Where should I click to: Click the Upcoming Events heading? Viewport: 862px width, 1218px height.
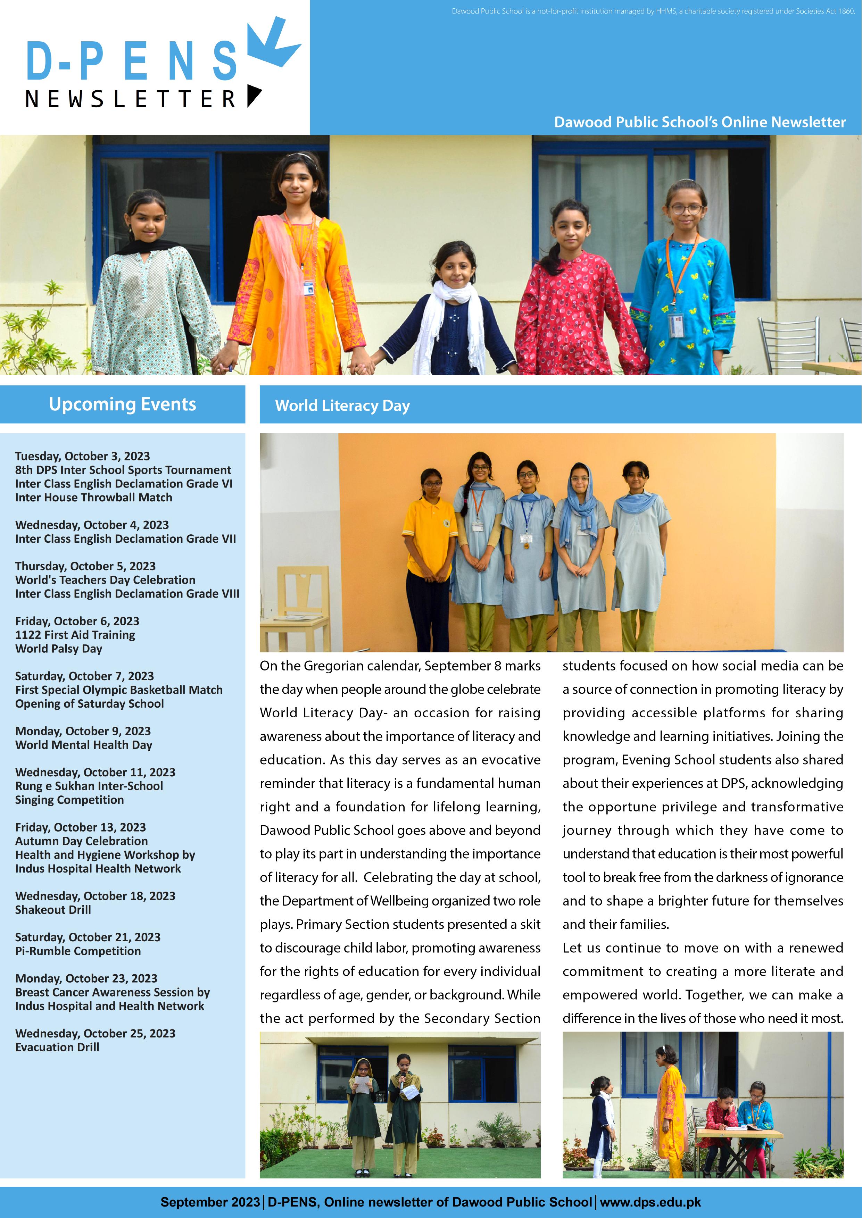(x=123, y=404)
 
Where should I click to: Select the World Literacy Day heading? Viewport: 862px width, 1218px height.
(x=342, y=406)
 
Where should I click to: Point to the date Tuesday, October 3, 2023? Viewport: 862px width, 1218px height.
(x=82, y=456)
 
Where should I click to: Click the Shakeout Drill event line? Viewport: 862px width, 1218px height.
(x=53, y=910)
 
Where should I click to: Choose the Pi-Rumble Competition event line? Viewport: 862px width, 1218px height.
(x=78, y=951)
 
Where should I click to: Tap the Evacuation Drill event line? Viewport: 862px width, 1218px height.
(x=57, y=1047)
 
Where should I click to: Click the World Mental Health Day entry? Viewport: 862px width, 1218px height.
(x=84, y=745)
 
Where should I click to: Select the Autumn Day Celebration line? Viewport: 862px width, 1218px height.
(x=82, y=841)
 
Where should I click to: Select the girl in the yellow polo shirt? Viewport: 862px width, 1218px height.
(x=429, y=552)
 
